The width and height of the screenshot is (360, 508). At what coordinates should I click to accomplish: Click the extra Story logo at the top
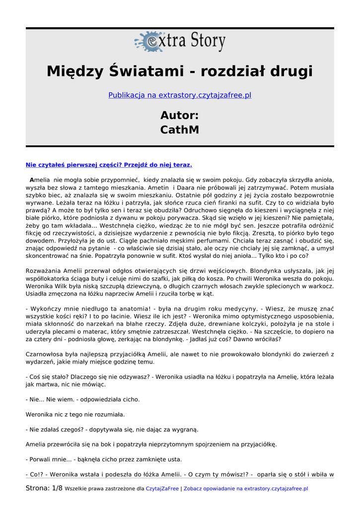pyautogui.click(x=180, y=42)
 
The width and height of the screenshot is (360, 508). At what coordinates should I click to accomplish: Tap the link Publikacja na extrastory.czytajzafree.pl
pyautogui.click(x=180, y=95)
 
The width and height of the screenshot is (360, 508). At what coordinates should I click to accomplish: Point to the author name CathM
pyautogui.click(x=180, y=129)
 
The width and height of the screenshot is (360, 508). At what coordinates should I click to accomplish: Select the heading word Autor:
pyautogui.click(x=180, y=116)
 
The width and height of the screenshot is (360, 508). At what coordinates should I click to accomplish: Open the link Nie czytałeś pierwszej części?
pyautogui.click(x=109, y=164)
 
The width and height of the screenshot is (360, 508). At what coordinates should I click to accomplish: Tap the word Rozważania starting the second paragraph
pyautogui.click(x=44, y=270)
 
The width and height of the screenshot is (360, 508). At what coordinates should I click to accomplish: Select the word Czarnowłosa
pyautogui.click(x=46, y=354)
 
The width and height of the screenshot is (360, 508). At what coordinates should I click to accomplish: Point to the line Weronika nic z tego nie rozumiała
pyautogui.click(x=75, y=414)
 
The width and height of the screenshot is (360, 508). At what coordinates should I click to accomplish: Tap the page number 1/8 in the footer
pyautogui.click(x=57, y=488)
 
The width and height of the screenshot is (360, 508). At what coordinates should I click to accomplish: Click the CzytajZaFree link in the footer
pyautogui.click(x=162, y=489)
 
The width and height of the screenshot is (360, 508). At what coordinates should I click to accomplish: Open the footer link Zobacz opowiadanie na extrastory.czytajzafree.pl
pyautogui.click(x=246, y=489)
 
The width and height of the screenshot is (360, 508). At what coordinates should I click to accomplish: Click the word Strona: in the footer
pyautogui.click(x=38, y=488)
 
